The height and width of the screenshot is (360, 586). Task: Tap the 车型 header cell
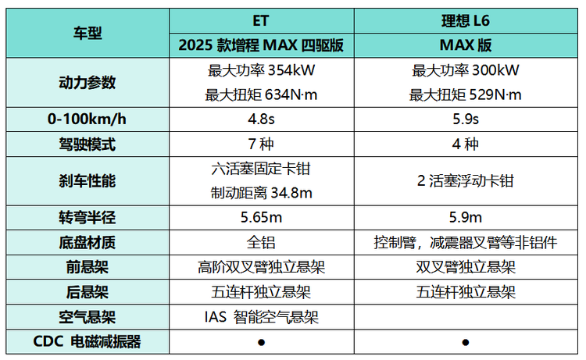pyautogui.click(x=88, y=33)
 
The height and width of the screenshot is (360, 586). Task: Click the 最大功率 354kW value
pyautogui.click(x=262, y=70)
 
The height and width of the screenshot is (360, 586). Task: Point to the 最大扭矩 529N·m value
pyautogui.click(x=466, y=95)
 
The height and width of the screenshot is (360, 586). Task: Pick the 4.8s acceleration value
pyautogui.click(x=262, y=120)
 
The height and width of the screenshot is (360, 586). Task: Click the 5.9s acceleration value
pyautogui.click(x=466, y=120)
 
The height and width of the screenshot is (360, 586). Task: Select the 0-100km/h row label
pyautogui.click(x=88, y=120)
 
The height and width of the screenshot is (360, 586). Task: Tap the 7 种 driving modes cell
pyautogui.click(x=262, y=144)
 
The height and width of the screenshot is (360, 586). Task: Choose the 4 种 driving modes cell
pyautogui.click(x=466, y=144)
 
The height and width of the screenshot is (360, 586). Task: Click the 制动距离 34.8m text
pyautogui.click(x=262, y=192)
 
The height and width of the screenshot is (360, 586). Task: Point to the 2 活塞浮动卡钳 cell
pyautogui.click(x=466, y=180)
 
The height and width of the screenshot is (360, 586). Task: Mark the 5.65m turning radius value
pyautogui.click(x=262, y=217)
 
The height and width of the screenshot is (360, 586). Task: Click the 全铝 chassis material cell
pyautogui.click(x=262, y=242)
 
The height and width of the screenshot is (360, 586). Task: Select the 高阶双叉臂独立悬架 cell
pyautogui.click(x=262, y=267)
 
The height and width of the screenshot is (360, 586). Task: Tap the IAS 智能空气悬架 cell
pyautogui.click(x=262, y=317)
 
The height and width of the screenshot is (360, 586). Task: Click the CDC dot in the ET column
pyautogui.click(x=262, y=342)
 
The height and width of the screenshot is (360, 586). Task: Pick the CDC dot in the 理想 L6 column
pyautogui.click(x=466, y=342)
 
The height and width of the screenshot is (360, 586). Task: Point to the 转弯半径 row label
pyautogui.click(x=88, y=217)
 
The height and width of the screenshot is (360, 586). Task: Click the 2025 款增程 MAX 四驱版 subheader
pyautogui.click(x=262, y=45)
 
